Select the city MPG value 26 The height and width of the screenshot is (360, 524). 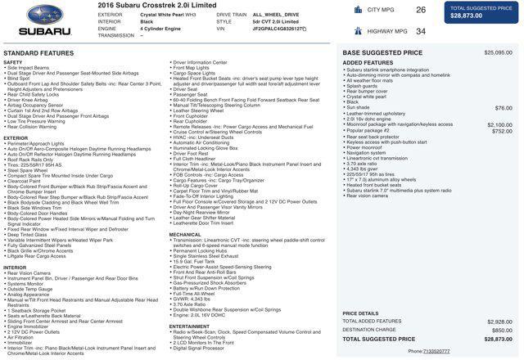point(421,10)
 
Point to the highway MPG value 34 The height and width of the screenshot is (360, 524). point(421,31)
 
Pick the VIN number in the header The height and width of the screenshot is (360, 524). point(278,29)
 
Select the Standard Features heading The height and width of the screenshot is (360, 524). point(38,52)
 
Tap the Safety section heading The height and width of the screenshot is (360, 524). point(13,62)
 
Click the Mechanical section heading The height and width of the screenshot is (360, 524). point(185,235)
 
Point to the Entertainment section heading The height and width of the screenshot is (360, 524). point(190,326)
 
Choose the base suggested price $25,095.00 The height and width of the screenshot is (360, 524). point(498,52)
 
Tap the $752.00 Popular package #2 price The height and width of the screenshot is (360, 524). point(502,131)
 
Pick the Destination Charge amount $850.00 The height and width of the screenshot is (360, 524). point(502,330)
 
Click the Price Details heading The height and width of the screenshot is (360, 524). point(360,313)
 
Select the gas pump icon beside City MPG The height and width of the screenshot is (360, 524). point(359,10)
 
